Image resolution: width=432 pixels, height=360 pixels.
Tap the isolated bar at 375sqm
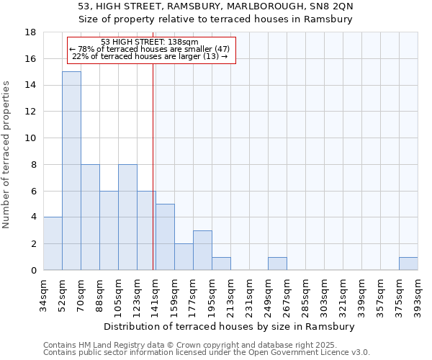coord(408,264)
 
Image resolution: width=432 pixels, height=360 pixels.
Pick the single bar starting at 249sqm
coord(277,264)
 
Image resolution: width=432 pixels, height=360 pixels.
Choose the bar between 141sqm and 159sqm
coord(165,237)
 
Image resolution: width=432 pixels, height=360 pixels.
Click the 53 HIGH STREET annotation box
coord(150,50)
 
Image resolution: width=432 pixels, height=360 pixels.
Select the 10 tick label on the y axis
coord(30,138)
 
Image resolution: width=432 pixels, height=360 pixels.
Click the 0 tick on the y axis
coord(33,271)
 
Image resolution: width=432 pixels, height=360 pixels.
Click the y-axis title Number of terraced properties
coord(7,155)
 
